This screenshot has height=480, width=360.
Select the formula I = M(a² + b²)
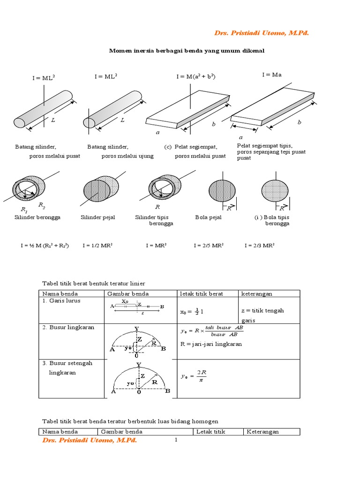coord(195,76)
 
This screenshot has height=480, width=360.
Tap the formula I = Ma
coord(272,75)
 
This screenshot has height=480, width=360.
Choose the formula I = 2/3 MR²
coord(259,245)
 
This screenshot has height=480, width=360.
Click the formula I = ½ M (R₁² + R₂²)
coord(45,245)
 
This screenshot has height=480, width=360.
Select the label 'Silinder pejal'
coord(97,217)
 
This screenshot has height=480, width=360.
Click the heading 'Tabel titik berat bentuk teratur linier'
coord(94,284)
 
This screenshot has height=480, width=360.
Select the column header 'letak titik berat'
coord(202,294)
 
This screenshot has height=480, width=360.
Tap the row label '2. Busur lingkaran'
coord(65,328)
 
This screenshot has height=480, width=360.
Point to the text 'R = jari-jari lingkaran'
coord(211,344)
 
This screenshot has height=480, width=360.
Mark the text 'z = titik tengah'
coord(262,310)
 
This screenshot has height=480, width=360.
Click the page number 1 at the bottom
coord(176,440)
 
